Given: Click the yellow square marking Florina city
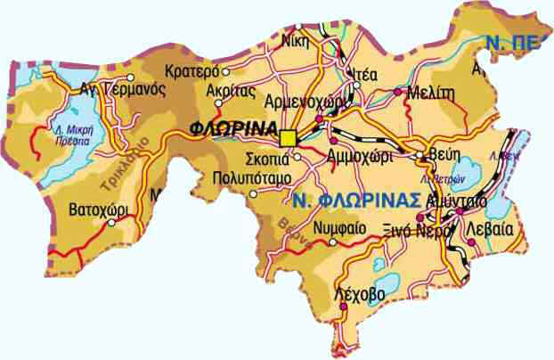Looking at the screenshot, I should pyautogui.click(x=288, y=138).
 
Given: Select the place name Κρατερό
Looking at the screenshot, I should pyautogui.click(x=193, y=70).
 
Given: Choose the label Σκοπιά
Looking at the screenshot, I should pyautogui.click(x=267, y=160).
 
